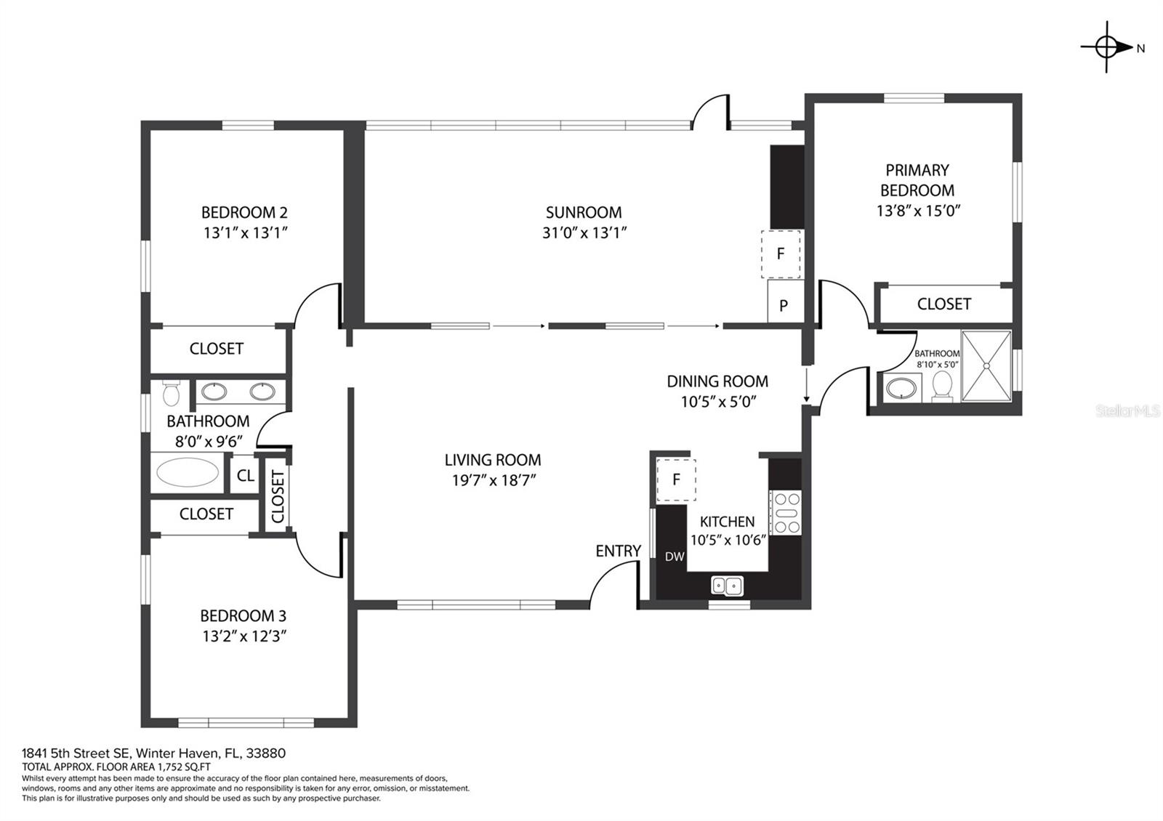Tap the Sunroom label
point(584,212)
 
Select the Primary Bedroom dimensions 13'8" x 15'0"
point(919,211)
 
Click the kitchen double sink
point(727,586)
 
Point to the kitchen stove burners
point(786,513)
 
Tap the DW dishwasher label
point(675,557)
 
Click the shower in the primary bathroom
point(986,366)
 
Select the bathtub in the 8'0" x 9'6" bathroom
point(188,472)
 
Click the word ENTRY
point(618,551)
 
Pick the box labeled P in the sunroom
point(785,301)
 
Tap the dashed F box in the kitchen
point(676,480)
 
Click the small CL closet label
point(246,475)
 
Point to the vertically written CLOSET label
point(278,497)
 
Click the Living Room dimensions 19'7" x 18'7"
point(494,480)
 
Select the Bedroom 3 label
point(243,616)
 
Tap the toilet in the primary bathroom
point(942,386)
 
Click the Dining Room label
point(717,381)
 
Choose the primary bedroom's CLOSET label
point(944,304)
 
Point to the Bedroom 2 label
point(244,212)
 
